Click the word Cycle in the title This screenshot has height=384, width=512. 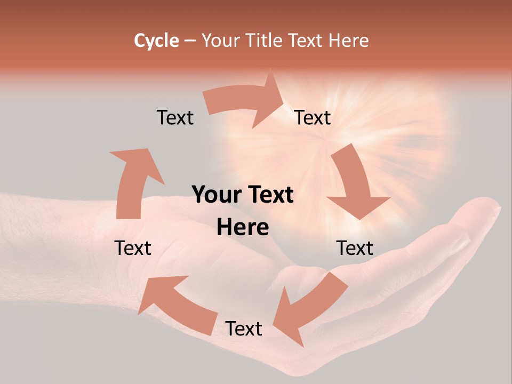point(156,41)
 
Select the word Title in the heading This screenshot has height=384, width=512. point(265,41)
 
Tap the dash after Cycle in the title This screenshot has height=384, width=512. point(190,41)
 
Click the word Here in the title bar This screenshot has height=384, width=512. point(349,41)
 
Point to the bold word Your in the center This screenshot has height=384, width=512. point(217,195)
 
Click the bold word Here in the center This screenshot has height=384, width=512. point(243,228)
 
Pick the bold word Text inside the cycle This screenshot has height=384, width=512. point(270,195)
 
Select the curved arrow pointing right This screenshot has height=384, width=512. point(245,101)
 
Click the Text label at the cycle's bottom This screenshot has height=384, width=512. point(244,329)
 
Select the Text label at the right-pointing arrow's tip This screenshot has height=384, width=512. point(313,117)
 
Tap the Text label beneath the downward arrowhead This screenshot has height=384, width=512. point(355,248)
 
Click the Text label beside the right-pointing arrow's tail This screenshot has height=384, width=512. point(175,117)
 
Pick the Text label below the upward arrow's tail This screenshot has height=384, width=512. point(133,248)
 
